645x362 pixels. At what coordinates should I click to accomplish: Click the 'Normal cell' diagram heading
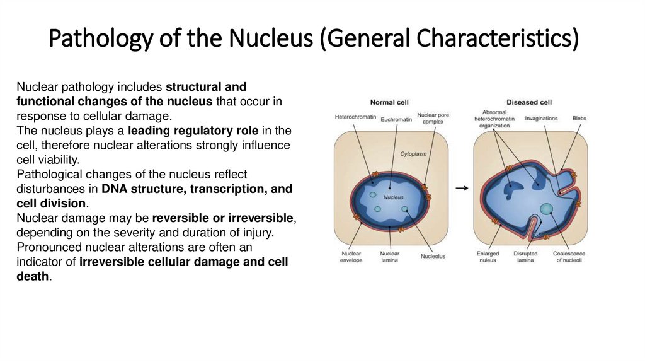(x=390, y=102)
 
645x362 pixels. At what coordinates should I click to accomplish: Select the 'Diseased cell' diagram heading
(x=529, y=102)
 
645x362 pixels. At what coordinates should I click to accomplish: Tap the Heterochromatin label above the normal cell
(x=356, y=117)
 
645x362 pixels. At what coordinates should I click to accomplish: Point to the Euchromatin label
(x=397, y=119)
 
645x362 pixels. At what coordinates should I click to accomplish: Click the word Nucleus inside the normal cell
(x=394, y=197)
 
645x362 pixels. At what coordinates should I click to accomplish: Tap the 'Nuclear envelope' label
(x=351, y=257)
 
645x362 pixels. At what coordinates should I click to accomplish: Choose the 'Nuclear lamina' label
(x=390, y=257)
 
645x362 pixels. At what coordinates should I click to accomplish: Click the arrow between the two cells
(x=462, y=188)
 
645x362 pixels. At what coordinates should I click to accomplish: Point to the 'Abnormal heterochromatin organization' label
(x=494, y=118)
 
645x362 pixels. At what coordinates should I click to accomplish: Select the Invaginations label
(x=541, y=118)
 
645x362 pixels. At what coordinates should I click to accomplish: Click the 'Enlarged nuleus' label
(x=487, y=257)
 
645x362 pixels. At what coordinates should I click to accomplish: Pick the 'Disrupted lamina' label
(x=525, y=257)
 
